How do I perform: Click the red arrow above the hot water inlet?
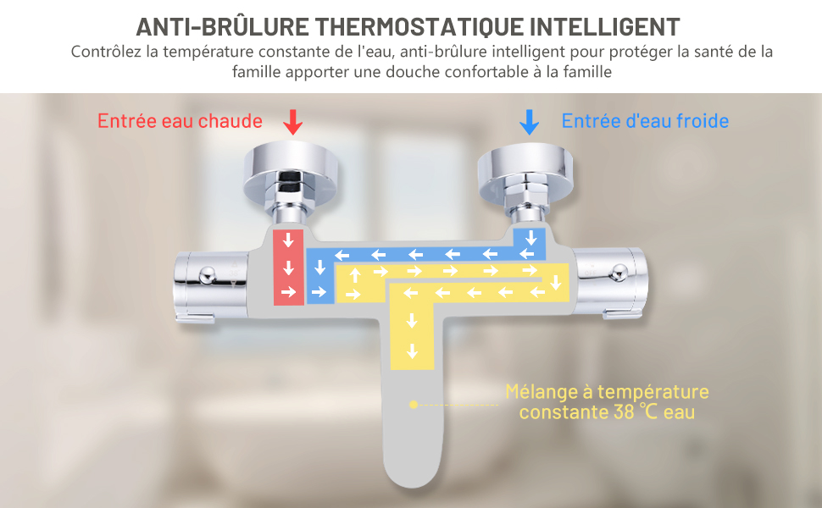(x=293, y=122)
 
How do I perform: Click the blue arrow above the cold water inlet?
(x=529, y=122)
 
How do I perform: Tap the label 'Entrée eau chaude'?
(x=180, y=121)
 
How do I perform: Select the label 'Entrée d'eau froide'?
(x=645, y=121)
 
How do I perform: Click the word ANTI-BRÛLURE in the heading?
(x=223, y=27)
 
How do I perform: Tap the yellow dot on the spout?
(x=413, y=405)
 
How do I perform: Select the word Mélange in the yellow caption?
(x=542, y=392)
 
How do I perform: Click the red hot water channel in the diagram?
(x=288, y=267)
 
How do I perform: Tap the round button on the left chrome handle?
(x=207, y=274)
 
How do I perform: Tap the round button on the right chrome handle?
(x=619, y=273)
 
